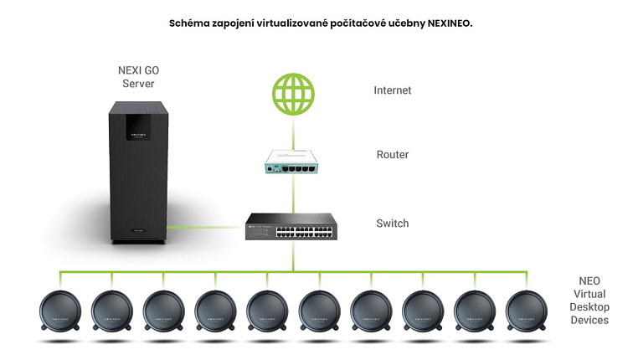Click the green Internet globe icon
pos(293,93)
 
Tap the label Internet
pos(393,90)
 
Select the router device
pos(293,161)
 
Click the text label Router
pos(393,155)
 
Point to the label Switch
pos(393,224)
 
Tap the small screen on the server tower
pos(139,126)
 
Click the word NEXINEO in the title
pos(449,23)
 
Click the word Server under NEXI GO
pos(139,84)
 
